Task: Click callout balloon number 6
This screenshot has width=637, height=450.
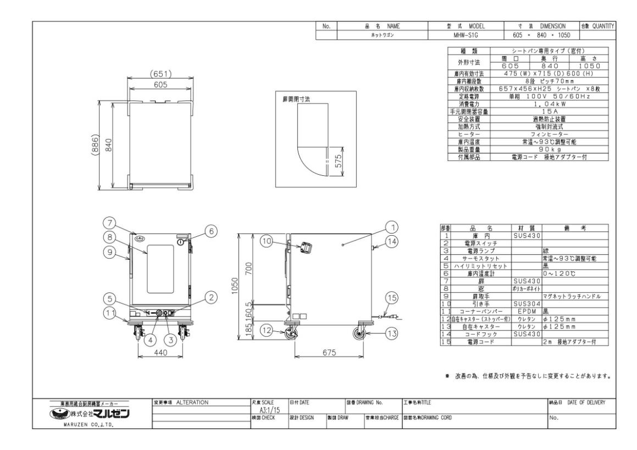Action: pos(209,232)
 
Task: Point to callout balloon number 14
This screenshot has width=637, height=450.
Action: pos(391,240)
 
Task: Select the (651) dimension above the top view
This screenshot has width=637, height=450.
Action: pos(159,74)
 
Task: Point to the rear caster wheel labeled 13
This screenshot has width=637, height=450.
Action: pos(361,333)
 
